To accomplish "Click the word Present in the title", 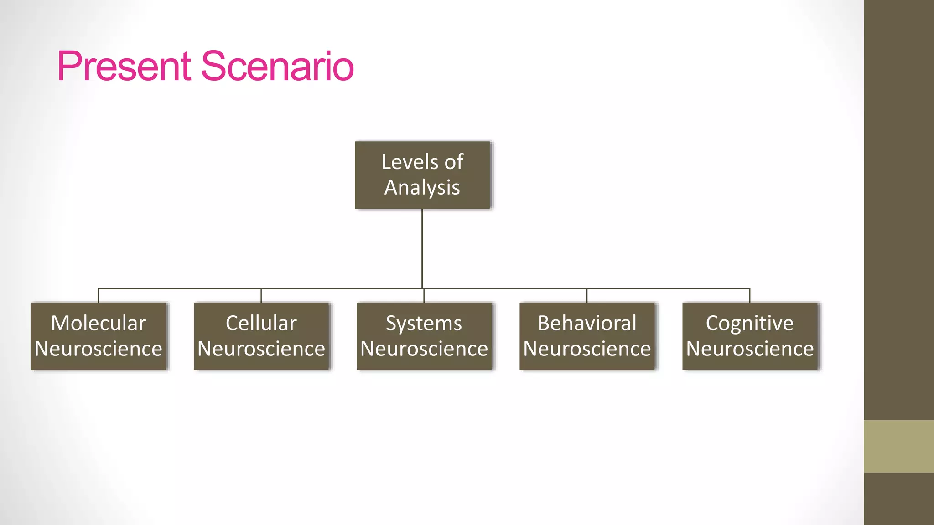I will click(123, 67).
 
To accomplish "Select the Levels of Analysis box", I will click(422, 175).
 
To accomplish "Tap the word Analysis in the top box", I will click(422, 188).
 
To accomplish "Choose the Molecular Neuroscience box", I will click(99, 336).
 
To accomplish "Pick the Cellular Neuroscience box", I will click(261, 336).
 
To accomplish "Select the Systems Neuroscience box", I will click(424, 336).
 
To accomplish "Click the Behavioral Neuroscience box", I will click(587, 336).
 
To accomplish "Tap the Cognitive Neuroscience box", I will click(750, 336).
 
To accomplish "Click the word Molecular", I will click(99, 323).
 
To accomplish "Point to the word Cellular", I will click(261, 323).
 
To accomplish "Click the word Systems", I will click(424, 324).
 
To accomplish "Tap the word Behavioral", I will click(587, 323).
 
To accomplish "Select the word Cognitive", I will click(750, 324).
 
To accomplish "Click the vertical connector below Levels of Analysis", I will click(422, 248).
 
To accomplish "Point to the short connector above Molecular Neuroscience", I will click(99, 295).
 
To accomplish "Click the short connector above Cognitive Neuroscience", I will click(750, 295).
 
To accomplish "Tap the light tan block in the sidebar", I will click(898, 446).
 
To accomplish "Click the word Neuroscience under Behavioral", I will click(587, 349).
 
